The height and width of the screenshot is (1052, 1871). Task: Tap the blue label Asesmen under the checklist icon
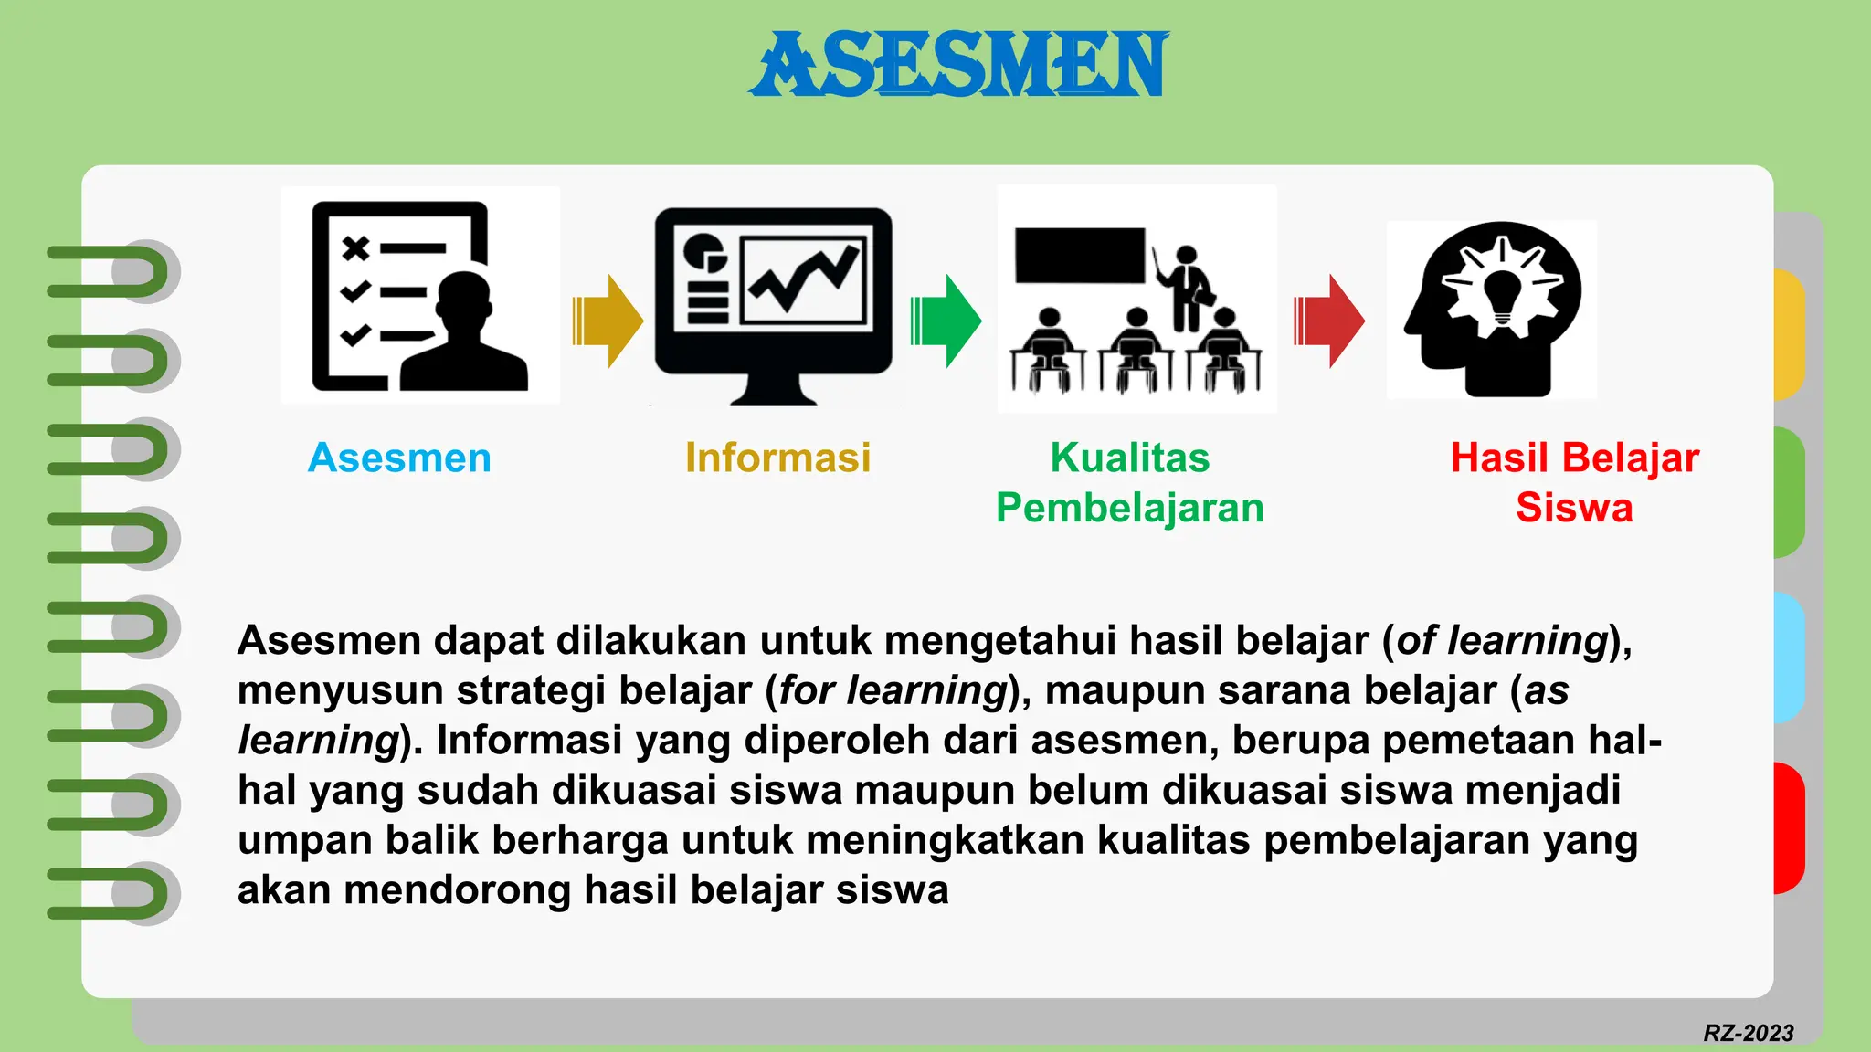(x=399, y=458)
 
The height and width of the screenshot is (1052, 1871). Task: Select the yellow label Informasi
(x=777, y=458)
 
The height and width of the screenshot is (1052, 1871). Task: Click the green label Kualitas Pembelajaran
(x=1130, y=482)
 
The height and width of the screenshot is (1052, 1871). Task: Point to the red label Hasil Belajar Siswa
(x=1574, y=482)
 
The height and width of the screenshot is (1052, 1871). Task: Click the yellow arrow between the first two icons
(x=608, y=321)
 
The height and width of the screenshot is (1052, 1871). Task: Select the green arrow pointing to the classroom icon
(x=946, y=321)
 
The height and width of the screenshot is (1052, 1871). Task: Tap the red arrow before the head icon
(x=1329, y=321)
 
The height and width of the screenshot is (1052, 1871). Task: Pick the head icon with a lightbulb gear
(x=1492, y=309)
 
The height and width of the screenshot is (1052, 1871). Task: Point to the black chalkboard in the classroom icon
(x=1080, y=255)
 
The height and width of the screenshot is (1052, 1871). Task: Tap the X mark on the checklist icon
(x=354, y=247)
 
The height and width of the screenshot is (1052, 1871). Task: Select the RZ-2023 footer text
(x=1748, y=1033)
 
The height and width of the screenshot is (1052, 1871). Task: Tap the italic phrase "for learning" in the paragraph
(x=893, y=690)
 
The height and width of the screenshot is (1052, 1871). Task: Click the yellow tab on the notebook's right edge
(x=1789, y=333)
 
